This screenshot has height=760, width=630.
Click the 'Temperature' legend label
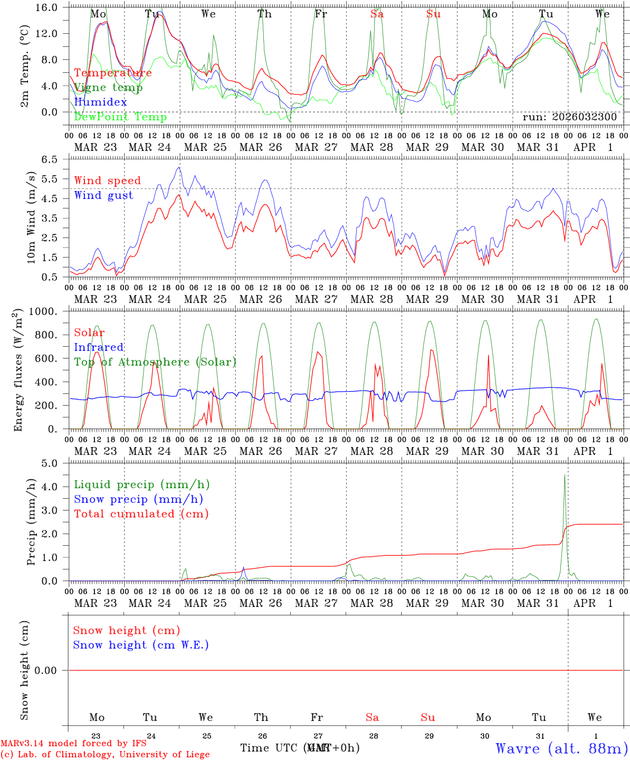click(112, 73)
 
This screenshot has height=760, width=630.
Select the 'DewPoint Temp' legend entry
click(120, 117)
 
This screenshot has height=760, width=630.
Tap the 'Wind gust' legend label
click(103, 195)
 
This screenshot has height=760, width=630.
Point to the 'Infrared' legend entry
click(99, 347)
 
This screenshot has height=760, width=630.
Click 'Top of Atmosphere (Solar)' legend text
click(155, 362)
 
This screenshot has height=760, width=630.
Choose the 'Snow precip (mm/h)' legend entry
click(138, 499)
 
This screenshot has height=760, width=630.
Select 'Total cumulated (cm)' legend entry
click(141, 514)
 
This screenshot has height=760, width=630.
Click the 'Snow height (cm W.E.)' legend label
click(140, 645)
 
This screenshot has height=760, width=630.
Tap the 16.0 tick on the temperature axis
click(51, 8)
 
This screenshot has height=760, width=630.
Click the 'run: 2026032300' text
click(569, 117)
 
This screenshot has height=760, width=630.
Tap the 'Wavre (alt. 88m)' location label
click(561, 748)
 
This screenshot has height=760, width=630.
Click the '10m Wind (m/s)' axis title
click(31, 217)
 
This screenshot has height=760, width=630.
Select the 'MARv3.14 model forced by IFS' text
click(73, 743)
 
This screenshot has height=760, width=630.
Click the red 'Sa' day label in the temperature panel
click(377, 14)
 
